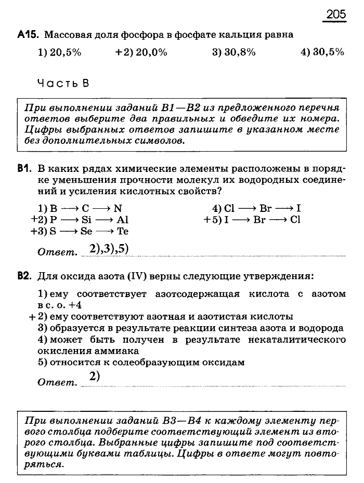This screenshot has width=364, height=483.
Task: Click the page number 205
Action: point(336,14)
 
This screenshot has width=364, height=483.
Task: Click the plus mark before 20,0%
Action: point(119,52)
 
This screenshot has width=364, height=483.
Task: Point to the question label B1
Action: point(24,168)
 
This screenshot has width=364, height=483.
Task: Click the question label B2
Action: point(24,275)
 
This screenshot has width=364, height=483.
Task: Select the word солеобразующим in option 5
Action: point(144,362)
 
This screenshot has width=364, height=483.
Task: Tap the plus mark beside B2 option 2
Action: point(32,317)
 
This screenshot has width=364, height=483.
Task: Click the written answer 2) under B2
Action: point(94,378)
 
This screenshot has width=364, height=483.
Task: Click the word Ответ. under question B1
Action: point(57,252)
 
